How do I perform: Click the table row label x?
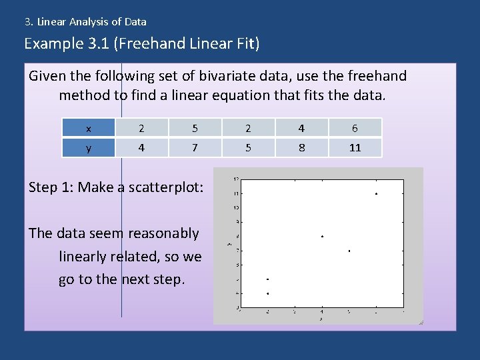tap(89, 127)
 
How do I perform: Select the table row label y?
tap(89, 148)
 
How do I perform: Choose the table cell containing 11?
tap(355, 148)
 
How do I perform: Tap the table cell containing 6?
tap(355, 127)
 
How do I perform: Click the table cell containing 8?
tap(301, 148)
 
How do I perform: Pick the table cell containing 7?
tap(195, 148)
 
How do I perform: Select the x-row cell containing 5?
tap(195, 127)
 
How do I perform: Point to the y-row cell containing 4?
tap(141, 148)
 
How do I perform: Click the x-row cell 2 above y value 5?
tap(248, 127)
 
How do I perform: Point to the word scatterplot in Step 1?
tap(169, 187)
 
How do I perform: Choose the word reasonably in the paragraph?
tap(163, 233)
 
